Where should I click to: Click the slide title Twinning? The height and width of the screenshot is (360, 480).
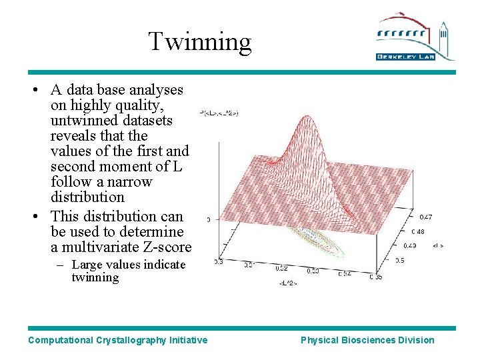200,41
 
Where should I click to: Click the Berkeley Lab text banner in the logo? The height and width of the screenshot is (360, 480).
406,57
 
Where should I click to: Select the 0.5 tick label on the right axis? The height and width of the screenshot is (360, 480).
399,261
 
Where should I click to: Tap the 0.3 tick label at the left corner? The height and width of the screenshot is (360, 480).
218,263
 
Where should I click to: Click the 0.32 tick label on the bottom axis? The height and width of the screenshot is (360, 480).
281,269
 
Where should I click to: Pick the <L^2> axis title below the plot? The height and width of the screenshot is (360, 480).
288,283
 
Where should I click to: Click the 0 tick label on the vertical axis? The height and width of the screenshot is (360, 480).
209,219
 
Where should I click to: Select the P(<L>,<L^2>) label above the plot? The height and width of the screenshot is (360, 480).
219,114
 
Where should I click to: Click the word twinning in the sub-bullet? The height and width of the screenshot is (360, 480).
95,277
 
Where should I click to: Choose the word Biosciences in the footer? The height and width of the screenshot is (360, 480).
368,340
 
